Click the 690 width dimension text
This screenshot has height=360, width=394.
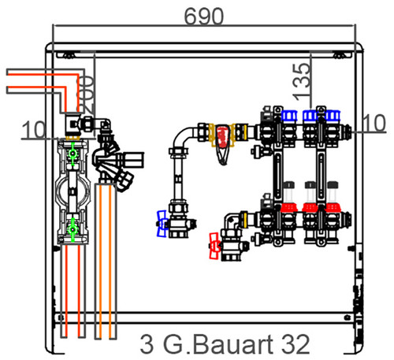tap(204, 17)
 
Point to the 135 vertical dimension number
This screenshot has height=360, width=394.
tap(301, 82)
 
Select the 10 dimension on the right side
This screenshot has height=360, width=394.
tap(374, 123)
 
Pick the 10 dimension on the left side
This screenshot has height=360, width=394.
tap(34, 130)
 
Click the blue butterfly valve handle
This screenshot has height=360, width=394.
tap(162, 224)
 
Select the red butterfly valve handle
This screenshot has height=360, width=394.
tap(214, 246)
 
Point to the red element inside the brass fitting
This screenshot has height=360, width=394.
tap(222, 136)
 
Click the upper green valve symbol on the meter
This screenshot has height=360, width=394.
tap(72, 154)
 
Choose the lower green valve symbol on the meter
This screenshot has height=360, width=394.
tap(72, 230)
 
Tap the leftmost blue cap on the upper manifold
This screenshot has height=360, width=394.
tap(289, 116)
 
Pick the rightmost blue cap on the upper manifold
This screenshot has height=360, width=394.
tap(333, 116)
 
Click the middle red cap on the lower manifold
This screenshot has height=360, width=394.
tap(310, 207)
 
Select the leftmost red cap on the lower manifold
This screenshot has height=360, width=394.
tap(289, 207)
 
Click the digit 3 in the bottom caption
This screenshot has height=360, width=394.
tap(147, 344)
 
